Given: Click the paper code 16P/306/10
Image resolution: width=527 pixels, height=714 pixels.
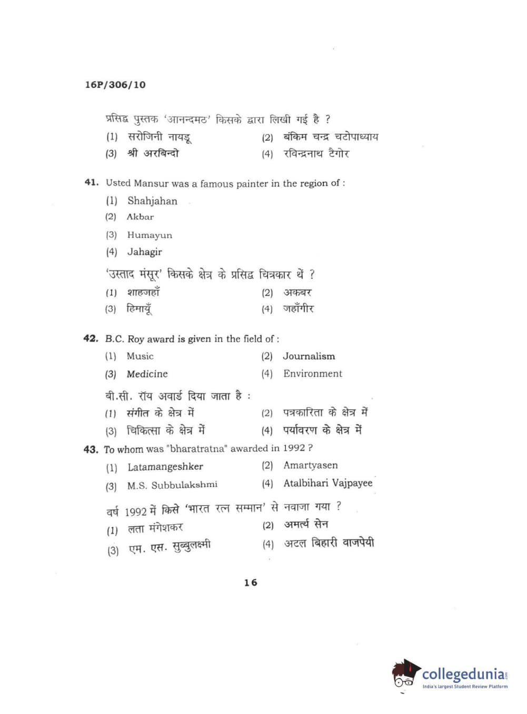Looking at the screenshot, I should click(x=115, y=85).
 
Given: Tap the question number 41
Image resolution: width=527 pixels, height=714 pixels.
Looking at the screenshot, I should click(x=91, y=182).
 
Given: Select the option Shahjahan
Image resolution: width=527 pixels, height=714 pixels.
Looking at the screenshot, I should click(x=152, y=201).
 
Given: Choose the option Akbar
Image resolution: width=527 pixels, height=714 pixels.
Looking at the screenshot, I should click(x=140, y=217).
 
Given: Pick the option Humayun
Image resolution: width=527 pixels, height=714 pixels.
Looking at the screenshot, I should click(x=150, y=235).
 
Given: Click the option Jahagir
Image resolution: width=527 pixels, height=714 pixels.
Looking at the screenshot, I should click(x=145, y=252).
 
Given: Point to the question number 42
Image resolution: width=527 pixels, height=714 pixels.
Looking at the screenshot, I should click(x=91, y=338).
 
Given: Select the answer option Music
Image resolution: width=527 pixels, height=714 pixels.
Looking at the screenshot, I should click(x=140, y=356).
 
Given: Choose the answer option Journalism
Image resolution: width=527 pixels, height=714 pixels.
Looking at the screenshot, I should click(x=309, y=356).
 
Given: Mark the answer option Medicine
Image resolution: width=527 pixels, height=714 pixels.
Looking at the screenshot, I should click(x=147, y=374).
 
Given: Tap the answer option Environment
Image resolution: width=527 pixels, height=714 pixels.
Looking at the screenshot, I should click(x=312, y=373).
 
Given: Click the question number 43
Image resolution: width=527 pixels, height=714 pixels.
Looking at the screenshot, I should click(x=91, y=449).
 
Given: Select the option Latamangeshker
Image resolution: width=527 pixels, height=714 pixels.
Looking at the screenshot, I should click(x=165, y=467).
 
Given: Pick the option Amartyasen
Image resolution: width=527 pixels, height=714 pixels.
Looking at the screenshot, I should click(x=310, y=465).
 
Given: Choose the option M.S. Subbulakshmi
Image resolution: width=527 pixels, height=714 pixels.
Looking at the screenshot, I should click(x=172, y=485).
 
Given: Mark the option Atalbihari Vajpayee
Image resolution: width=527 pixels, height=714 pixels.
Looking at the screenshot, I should click(x=327, y=483).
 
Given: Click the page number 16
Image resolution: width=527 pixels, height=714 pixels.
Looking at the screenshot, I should click(x=251, y=582).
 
